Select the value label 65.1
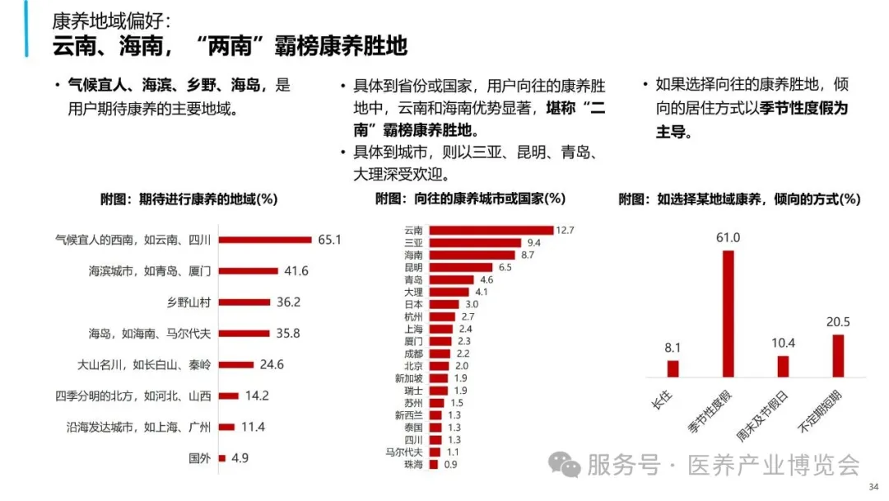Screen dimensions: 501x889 (x=328, y=240)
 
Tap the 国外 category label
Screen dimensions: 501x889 (x=198, y=458)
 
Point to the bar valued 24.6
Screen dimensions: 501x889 (x=235, y=364)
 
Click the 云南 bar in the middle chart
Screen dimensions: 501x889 (x=491, y=230)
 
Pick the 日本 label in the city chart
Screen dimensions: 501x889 (x=413, y=304)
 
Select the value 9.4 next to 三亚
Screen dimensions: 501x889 (x=533, y=243)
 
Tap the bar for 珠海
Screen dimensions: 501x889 (x=433, y=465)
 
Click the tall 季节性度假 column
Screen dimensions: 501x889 (x=728, y=313)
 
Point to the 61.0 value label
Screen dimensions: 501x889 (x=728, y=238)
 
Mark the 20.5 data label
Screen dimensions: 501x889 (x=838, y=322)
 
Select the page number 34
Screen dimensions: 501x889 (x=874, y=489)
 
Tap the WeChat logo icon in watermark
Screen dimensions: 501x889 (x=566, y=466)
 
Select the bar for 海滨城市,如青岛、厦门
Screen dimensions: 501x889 (x=250, y=271)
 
